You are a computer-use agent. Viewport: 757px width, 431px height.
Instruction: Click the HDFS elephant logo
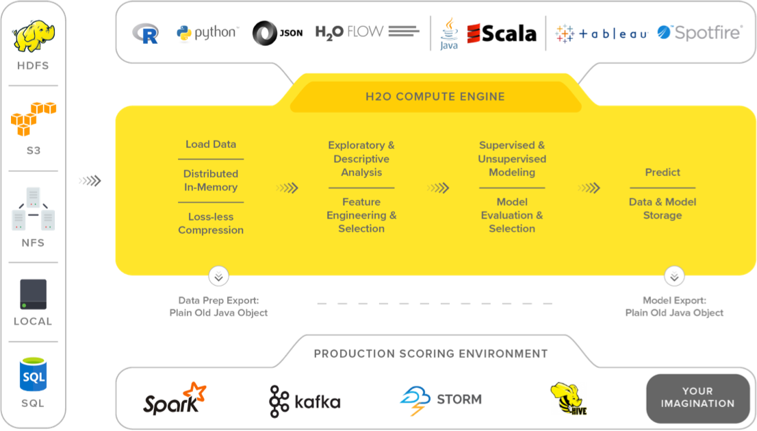34,36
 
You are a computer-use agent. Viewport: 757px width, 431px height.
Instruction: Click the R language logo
146,34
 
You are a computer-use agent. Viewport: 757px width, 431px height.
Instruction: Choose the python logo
207,33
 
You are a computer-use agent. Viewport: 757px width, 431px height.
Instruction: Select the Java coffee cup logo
448,34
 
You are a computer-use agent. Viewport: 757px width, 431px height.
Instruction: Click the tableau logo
602,34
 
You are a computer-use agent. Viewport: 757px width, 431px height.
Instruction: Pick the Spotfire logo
700,32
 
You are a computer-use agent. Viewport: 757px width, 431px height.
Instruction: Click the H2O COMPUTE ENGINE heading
435,97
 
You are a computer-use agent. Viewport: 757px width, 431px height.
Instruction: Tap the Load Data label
211,145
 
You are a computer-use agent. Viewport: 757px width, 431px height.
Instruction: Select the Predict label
663,173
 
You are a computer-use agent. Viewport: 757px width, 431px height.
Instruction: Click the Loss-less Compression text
211,223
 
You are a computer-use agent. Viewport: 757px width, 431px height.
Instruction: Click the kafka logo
305,401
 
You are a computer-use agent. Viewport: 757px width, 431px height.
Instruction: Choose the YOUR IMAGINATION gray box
697,397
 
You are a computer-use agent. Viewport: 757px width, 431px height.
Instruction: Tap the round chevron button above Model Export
673,277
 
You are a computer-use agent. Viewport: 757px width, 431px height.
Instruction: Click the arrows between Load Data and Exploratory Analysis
287,188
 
